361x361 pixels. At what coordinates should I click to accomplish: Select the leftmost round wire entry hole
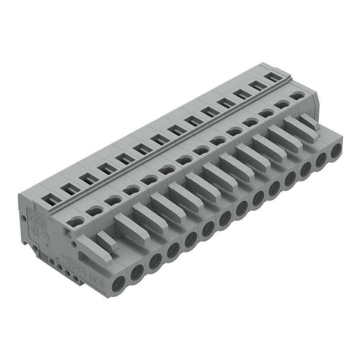119,285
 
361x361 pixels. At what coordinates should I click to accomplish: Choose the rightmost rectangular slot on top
273,77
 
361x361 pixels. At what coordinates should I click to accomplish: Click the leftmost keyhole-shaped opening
75,220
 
